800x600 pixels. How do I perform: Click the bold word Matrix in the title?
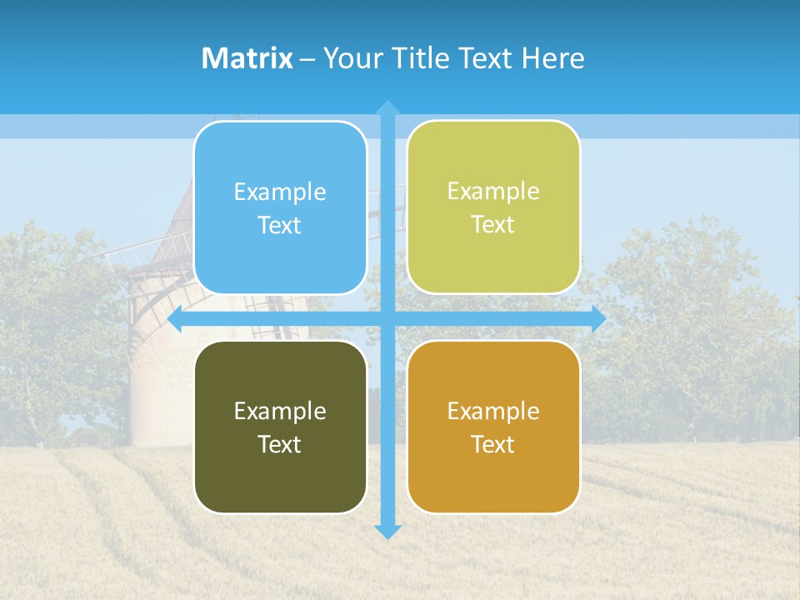click(x=247, y=58)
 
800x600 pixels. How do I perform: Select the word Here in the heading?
click(x=552, y=58)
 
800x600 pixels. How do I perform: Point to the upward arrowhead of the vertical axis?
click(x=387, y=107)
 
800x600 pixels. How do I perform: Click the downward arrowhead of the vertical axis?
click(x=387, y=531)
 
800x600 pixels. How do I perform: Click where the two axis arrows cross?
click(x=387, y=319)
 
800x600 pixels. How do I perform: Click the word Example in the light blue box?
click(x=280, y=192)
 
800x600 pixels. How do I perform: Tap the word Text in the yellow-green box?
click(x=493, y=225)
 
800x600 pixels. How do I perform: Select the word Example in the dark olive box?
click(x=280, y=412)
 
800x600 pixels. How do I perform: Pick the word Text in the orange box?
click(x=493, y=445)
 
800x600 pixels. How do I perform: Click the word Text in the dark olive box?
click(x=280, y=445)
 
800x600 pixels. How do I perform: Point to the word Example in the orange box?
click(x=493, y=412)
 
